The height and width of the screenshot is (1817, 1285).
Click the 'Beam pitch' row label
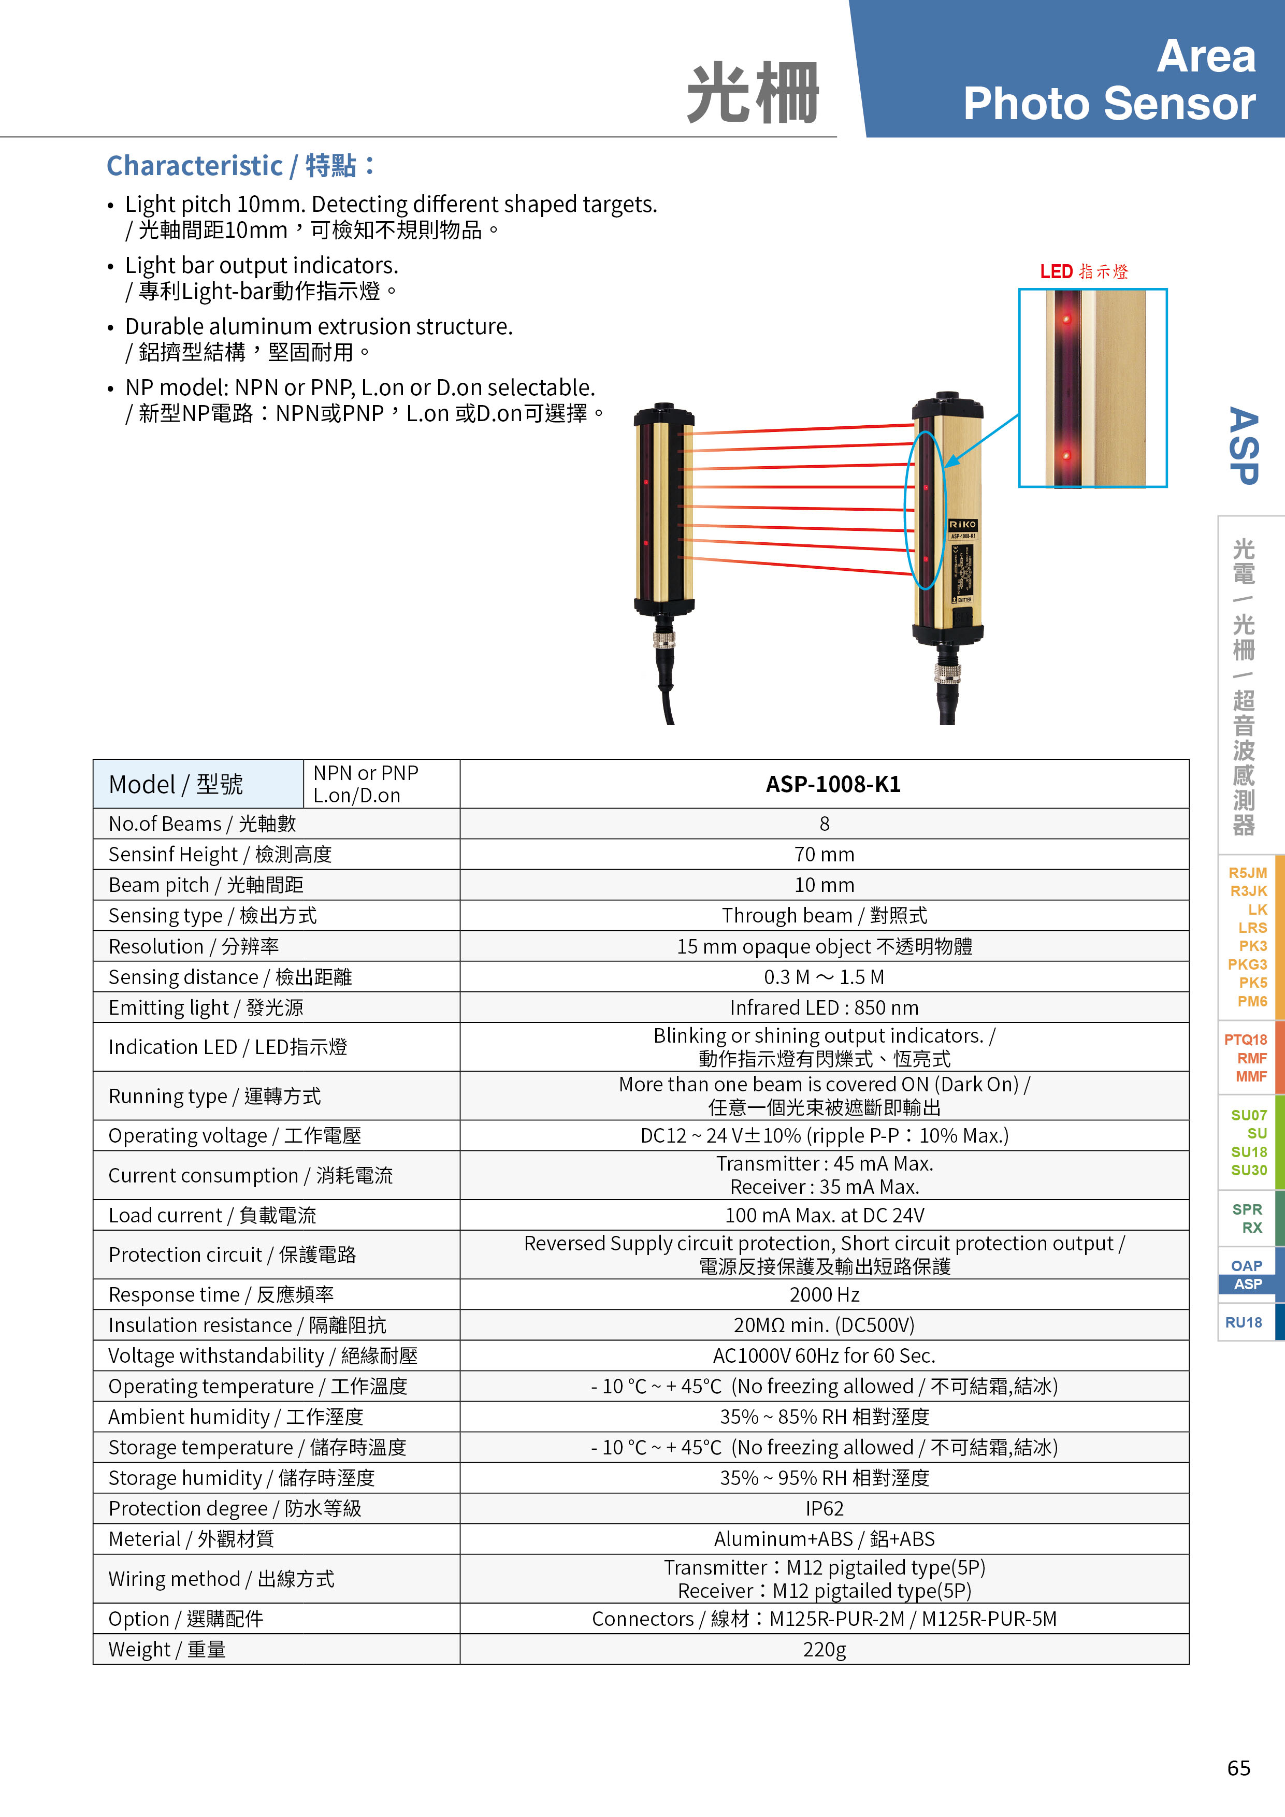tap(206, 885)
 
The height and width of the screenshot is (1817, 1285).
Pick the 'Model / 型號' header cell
tap(176, 784)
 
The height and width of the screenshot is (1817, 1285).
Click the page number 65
tap(1238, 1768)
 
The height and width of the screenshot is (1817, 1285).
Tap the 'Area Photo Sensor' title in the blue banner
tap(1108, 79)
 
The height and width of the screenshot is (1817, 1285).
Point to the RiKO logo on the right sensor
tap(962, 525)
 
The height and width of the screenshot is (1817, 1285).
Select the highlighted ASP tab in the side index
tap(1247, 1285)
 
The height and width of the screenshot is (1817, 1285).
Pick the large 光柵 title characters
tap(752, 93)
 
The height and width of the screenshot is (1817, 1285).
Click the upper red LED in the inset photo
tap(1066, 320)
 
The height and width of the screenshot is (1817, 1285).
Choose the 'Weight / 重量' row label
tap(167, 1649)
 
